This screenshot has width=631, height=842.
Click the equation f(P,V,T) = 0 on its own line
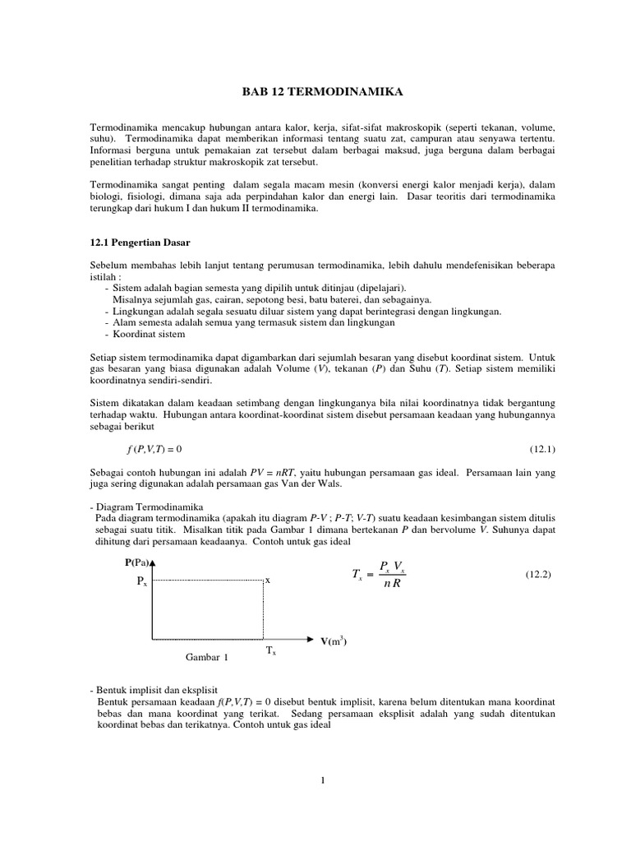[x=154, y=449]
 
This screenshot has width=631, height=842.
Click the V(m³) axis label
[x=334, y=641]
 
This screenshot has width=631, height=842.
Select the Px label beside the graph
[x=141, y=581]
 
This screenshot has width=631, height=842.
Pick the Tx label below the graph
[x=270, y=651]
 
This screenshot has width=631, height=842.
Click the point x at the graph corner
[x=267, y=581]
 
